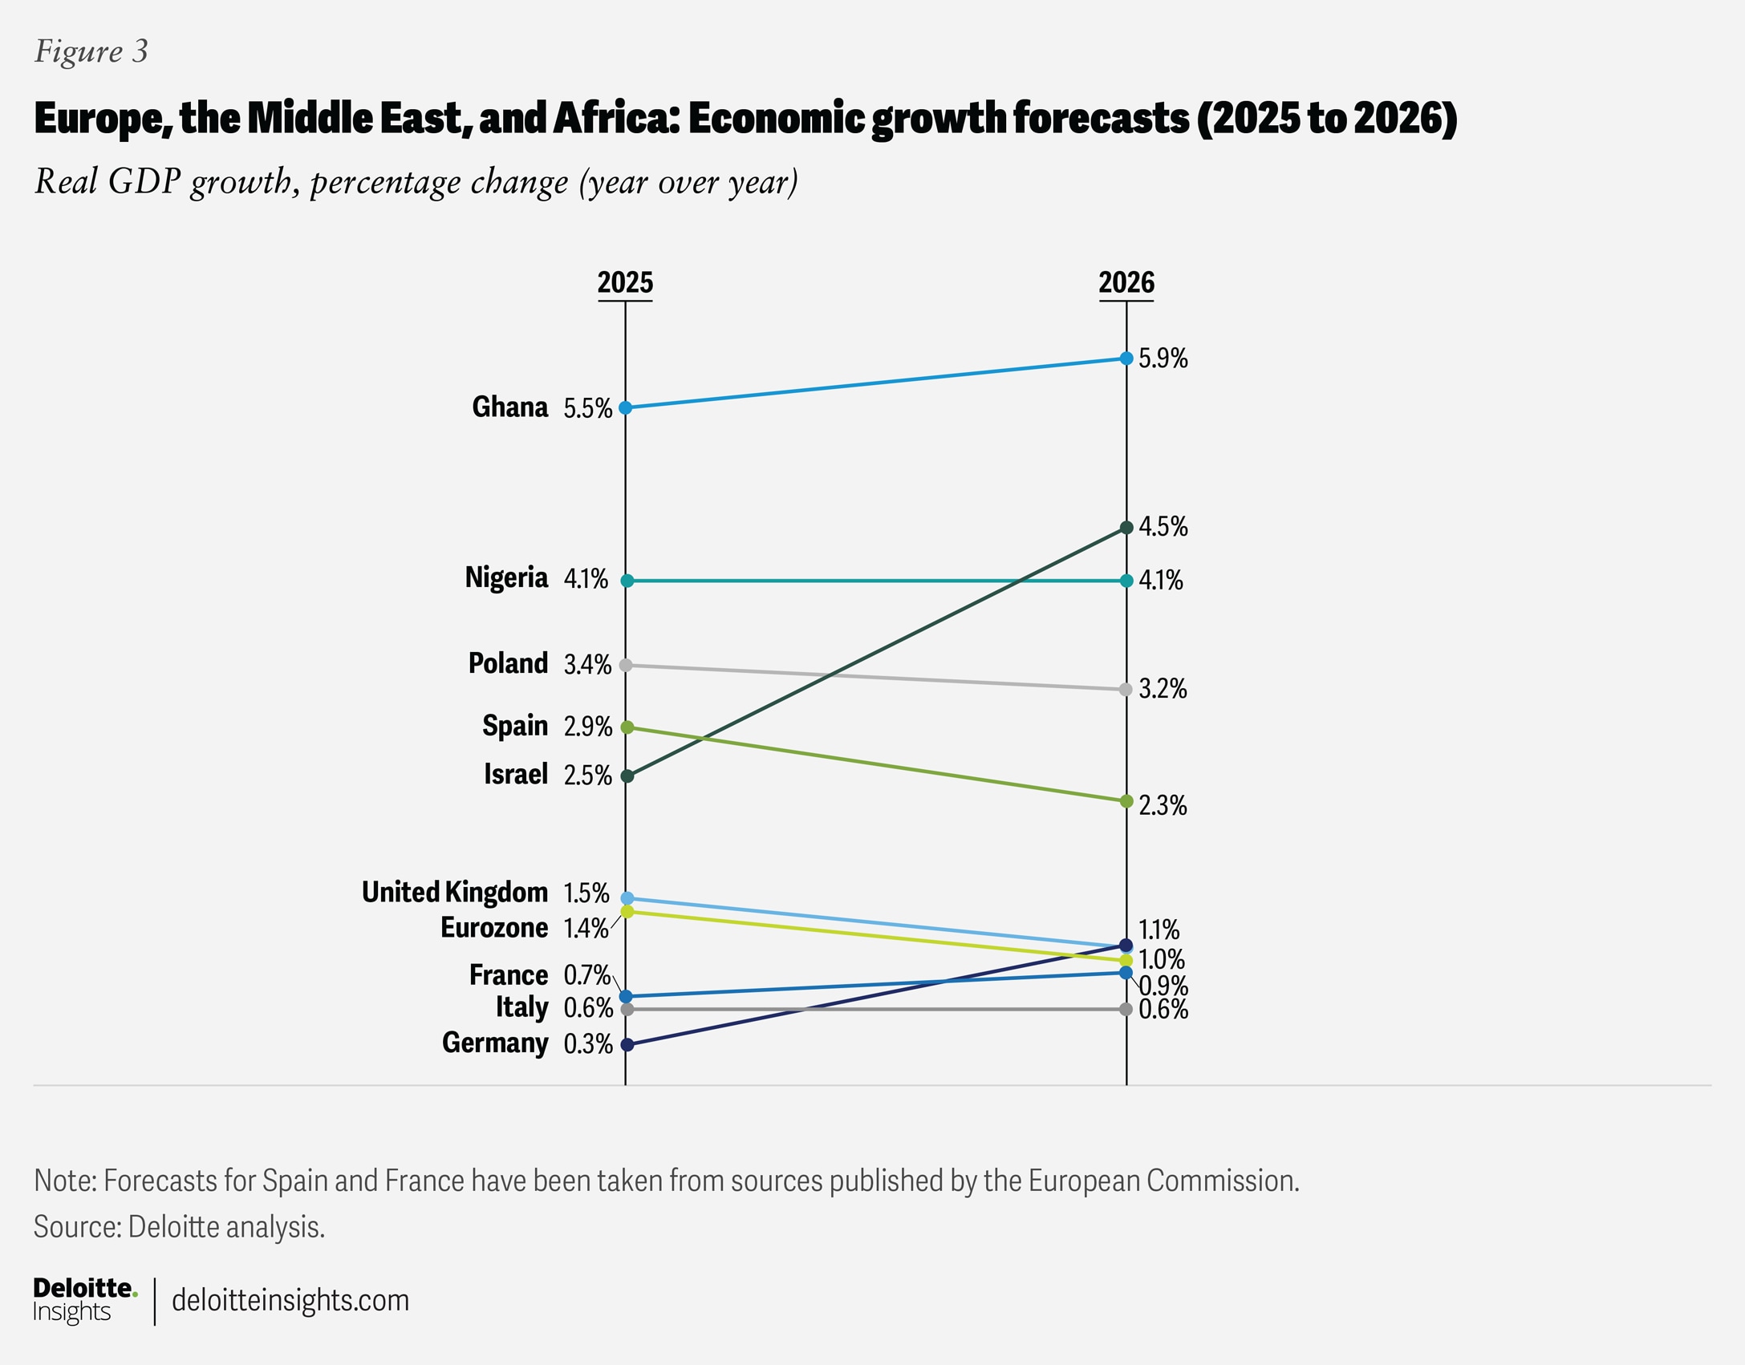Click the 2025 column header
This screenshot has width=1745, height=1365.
click(625, 283)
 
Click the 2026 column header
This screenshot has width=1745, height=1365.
click(1126, 283)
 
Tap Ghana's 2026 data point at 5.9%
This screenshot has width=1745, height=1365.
click(1126, 358)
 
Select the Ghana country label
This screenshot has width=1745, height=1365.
click(509, 407)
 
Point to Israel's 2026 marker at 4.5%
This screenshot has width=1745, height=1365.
click(1126, 528)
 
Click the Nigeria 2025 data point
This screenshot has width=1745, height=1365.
click(627, 581)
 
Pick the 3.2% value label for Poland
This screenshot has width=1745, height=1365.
click(1163, 689)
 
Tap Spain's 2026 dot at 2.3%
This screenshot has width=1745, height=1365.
click(1126, 801)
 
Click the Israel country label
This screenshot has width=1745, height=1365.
click(515, 775)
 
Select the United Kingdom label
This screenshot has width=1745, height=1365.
click(454, 893)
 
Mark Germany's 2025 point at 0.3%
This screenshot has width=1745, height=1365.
click(627, 1044)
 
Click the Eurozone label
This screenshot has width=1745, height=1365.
click(494, 928)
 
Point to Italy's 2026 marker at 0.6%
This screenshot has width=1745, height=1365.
click(1126, 1009)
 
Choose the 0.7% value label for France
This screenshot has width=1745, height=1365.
click(587, 975)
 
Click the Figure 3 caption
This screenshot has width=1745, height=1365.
click(91, 52)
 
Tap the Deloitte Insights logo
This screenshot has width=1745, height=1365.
click(84, 1300)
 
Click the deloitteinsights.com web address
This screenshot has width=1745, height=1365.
click(290, 1300)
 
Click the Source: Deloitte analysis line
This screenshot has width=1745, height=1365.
click(179, 1227)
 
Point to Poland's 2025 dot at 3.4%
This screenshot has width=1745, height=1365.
click(627, 665)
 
